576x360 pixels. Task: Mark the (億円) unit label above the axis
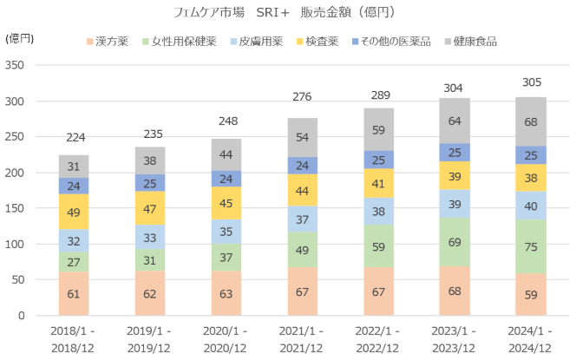(x=19, y=39)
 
